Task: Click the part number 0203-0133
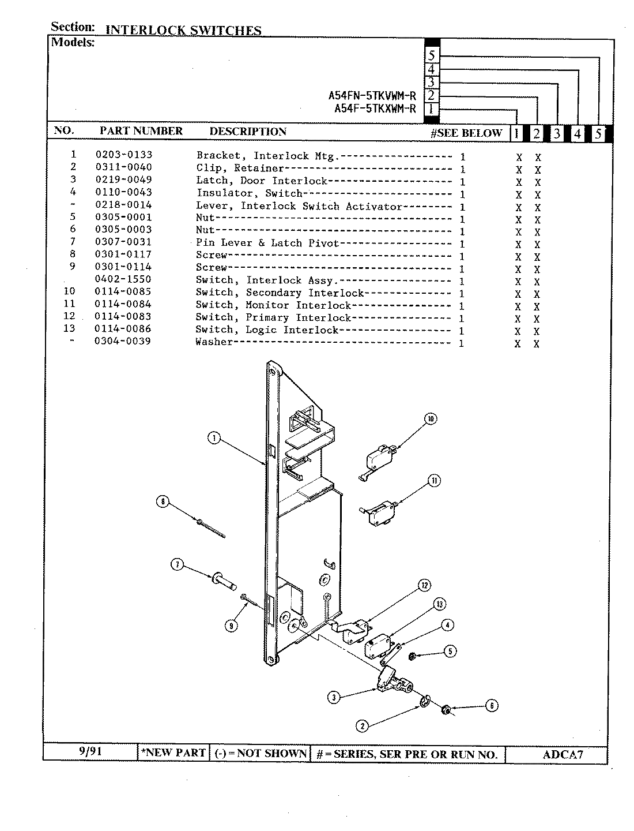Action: pos(123,155)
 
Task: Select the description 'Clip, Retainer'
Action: pos(240,168)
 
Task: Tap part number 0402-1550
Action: pos(123,279)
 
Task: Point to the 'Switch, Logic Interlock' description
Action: pos(267,330)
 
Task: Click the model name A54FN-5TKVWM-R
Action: pos(372,96)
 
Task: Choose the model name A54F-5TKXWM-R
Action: pos(375,109)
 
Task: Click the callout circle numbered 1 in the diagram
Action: pos(214,439)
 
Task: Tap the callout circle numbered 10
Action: pos(431,419)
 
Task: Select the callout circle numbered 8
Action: pos(163,502)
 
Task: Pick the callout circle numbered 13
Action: pos(439,604)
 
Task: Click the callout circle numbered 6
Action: pos(491,705)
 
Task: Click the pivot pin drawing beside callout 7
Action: pos(224,579)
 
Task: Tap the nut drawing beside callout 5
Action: pos(413,656)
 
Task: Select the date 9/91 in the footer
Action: pos(90,751)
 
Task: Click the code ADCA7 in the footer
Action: pos(563,754)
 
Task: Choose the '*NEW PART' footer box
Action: pos(173,753)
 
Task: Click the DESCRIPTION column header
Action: pos(248,132)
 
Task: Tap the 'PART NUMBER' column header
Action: pos(141,131)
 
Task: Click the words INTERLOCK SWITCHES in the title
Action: pos(183,31)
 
